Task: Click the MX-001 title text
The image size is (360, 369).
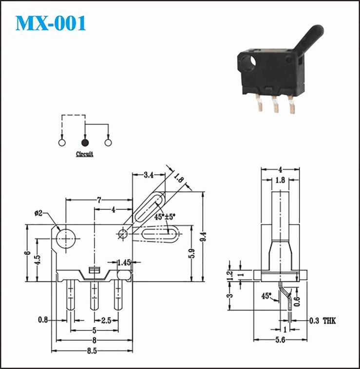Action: pos(51,23)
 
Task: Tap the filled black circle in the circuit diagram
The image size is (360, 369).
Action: pos(85,143)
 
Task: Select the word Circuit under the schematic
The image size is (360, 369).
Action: pos(85,154)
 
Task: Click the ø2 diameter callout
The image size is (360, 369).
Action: pos(38,213)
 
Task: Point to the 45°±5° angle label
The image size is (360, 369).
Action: pos(165,217)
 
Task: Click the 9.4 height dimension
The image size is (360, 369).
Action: pos(204,236)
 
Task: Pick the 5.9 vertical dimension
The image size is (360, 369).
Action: pos(192,253)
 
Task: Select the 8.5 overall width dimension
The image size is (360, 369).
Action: pos(92,351)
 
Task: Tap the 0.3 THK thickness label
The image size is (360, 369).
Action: pos(322,320)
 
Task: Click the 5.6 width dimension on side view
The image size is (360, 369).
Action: pos(280,340)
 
